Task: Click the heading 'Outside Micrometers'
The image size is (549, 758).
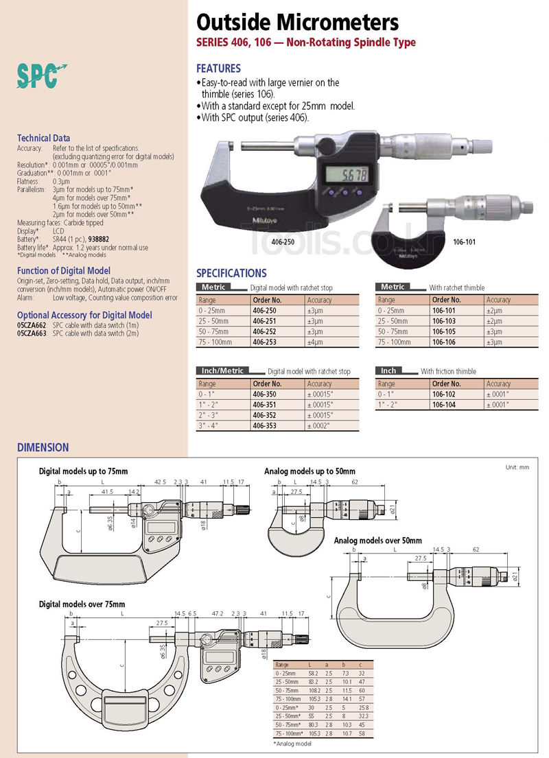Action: (297, 23)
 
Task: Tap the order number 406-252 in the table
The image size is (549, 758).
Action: (266, 330)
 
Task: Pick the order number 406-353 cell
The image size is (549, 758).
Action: (266, 425)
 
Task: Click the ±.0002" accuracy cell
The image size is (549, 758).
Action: (319, 425)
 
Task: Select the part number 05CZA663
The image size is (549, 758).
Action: (32, 333)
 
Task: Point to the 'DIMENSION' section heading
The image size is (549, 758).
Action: (43, 447)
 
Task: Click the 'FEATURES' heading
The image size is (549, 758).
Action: (218, 69)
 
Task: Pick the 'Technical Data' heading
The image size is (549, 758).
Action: (43, 138)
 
